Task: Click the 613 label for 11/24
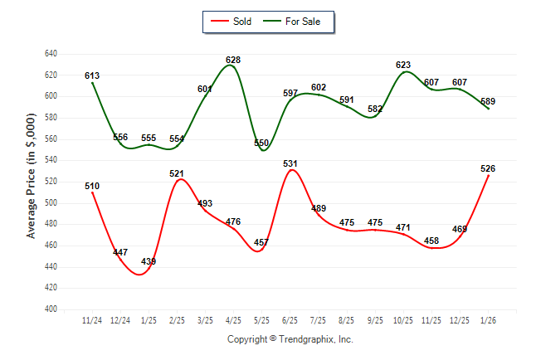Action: click(x=92, y=75)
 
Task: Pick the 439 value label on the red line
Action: click(x=149, y=261)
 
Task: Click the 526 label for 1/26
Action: click(x=488, y=168)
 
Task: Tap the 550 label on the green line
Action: click(x=261, y=143)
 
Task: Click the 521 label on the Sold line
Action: click(x=177, y=174)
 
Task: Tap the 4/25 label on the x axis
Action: click(x=233, y=319)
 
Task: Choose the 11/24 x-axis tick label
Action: click(x=92, y=319)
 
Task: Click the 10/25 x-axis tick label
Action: click(x=403, y=319)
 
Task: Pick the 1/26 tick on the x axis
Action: click(x=488, y=319)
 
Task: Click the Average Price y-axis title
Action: click(x=31, y=181)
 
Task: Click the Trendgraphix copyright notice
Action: click(x=290, y=339)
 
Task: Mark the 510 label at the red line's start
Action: click(x=92, y=186)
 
